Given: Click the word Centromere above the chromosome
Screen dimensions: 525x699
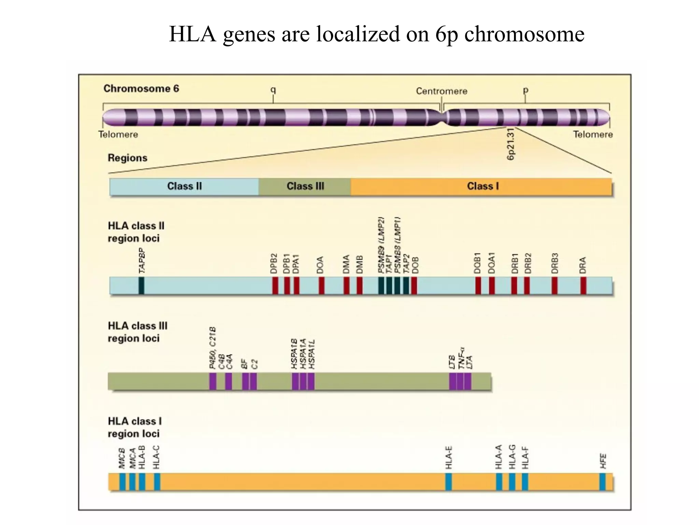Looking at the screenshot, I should tap(441, 91).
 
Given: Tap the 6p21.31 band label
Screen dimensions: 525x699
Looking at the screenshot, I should tap(511, 144).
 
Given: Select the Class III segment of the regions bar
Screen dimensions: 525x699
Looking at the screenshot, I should tap(305, 186).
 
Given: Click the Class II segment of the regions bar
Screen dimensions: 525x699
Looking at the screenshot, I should tap(184, 186).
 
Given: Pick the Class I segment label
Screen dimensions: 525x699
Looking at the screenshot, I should tap(483, 186).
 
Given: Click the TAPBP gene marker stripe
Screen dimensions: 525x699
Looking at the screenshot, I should tap(141, 286).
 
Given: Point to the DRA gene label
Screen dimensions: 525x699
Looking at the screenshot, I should tap(583, 265).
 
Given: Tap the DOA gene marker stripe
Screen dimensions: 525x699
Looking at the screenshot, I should tap(322, 286).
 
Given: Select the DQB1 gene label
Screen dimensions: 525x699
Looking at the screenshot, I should tap(477, 263).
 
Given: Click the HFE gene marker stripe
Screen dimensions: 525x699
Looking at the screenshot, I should tap(602, 482).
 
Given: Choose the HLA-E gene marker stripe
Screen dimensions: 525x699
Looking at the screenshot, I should tap(449, 482).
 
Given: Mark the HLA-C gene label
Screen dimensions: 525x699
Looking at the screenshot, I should tap(157, 457).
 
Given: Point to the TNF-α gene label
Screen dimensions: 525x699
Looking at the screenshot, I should tap(461, 358).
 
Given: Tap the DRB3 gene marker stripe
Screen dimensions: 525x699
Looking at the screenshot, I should tap(555, 286).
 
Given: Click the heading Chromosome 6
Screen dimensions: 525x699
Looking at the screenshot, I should tap(141, 89).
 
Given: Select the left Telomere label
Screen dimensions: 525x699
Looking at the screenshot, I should tap(118, 134).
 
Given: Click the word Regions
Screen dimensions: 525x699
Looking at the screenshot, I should tap(127, 158).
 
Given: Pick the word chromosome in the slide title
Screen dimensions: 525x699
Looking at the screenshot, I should tap(524, 34).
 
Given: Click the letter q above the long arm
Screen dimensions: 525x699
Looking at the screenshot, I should tap(273, 90).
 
